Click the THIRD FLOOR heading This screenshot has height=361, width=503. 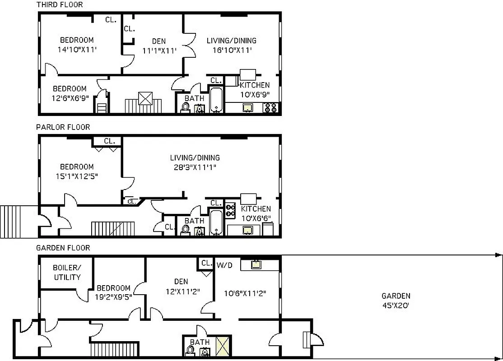point(60,5)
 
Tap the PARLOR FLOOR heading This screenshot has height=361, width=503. point(63,127)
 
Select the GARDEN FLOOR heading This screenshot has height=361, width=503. point(63,248)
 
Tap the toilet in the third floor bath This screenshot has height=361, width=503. point(185,107)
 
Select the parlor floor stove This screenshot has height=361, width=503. point(230,210)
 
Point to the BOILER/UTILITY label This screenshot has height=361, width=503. point(67,273)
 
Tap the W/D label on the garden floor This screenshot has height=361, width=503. point(224,265)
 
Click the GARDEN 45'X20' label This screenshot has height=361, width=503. point(396,301)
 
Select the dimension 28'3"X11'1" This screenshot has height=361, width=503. point(195,167)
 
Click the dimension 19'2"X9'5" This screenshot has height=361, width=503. point(113,297)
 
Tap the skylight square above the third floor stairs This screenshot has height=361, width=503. point(145,98)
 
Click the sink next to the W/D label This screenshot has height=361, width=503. point(256,264)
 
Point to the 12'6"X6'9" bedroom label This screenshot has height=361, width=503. point(70,93)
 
